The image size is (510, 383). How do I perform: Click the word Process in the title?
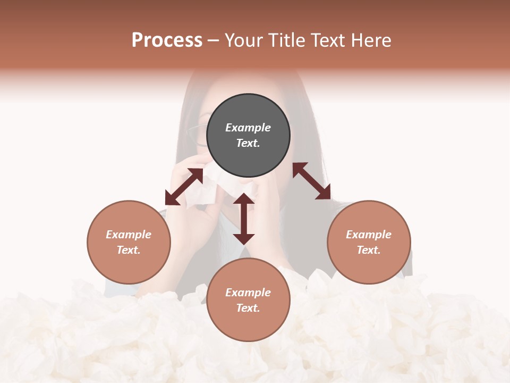click(167, 40)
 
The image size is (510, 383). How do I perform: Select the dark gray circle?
click(248, 136)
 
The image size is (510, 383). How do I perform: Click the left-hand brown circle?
click(129, 242)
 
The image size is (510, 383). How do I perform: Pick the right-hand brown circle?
click(369, 242)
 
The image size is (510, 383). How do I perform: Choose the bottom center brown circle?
click(248, 300)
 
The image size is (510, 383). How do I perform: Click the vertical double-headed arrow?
click(244, 219)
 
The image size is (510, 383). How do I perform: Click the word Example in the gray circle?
click(248, 128)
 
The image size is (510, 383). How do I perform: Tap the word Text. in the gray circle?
click(248, 143)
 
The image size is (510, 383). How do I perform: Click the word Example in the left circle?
click(129, 235)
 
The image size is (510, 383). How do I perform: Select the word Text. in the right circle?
click(369, 250)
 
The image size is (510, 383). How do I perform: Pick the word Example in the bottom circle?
click(248, 293)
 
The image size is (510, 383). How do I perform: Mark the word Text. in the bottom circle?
click(248, 308)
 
